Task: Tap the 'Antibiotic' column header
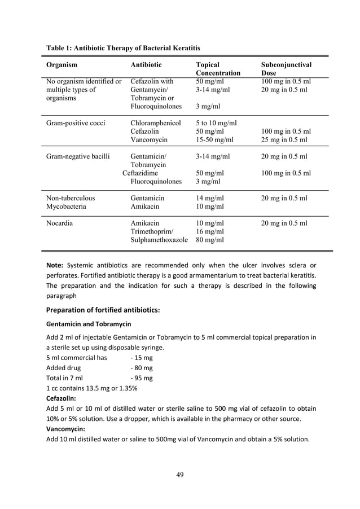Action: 146,65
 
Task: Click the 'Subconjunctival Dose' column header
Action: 286,69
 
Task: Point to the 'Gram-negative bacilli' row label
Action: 78,156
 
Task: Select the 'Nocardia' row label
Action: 60,223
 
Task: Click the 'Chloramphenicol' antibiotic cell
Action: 155,122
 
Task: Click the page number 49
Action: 180,474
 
